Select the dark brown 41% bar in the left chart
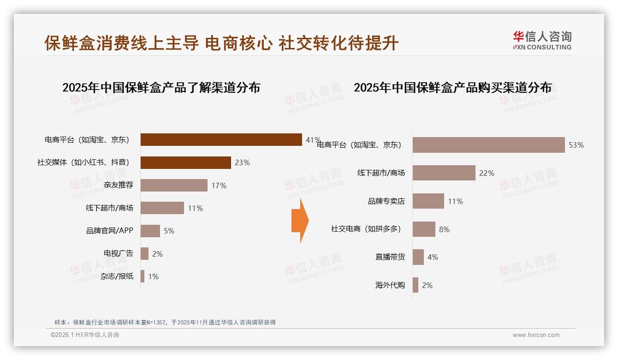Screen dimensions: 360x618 click(x=221, y=139)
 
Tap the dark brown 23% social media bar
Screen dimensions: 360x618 click(x=185, y=162)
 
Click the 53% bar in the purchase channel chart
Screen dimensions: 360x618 click(x=488, y=145)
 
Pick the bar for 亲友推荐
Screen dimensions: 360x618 click(x=174, y=186)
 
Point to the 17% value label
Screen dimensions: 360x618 click(x=219, y=186)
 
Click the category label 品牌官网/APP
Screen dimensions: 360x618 click(x=110, y=231)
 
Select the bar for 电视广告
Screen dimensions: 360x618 click(x=144, y=254)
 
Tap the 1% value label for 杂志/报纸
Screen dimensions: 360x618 click(x=153, y=276)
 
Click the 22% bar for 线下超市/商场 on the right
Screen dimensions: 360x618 click(x=444, y=173)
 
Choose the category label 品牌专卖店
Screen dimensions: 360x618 click(x=386, y=201)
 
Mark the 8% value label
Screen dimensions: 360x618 click(x=444, y=229)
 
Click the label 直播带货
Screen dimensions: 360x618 click(x=390, y=257)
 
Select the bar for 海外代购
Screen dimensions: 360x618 click(x=416, y=285)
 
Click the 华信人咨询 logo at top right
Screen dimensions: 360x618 click(x=542, y=41)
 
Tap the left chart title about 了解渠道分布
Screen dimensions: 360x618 click(x=161, y=87)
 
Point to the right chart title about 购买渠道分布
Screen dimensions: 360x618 click(x=452, y=87)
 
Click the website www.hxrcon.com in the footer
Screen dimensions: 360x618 click(x=536, y=335)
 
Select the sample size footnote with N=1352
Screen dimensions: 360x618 click(x=165, y=322)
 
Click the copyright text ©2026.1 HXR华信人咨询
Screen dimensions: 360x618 click(x=85, y=335)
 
